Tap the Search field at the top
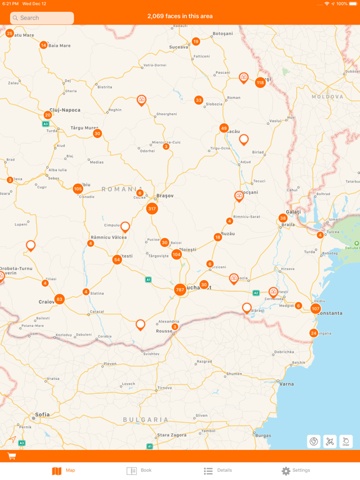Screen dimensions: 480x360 click(42, 18)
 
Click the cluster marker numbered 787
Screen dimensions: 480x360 click(180, 289)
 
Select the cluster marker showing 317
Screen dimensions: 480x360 click(152, 209)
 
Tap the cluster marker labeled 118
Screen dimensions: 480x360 click(260, 82)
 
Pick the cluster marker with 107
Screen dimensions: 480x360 click(316, 309)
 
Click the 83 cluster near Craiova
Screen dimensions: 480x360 click(59, 299)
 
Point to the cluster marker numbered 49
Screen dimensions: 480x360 click(224, 128)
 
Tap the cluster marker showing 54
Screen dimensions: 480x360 click(117, 259)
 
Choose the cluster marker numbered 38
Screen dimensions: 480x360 click(283, 218)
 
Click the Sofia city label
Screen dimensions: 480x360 click(42, 414)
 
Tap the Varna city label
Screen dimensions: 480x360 click(286, 384)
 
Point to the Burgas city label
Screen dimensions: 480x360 click(263, 435)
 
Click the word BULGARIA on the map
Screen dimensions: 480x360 click(146, 419)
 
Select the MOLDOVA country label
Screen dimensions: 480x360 click(327, 97)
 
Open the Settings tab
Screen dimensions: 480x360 click(295, 471)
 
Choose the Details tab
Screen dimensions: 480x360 click(217, 471)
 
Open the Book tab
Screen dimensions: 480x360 click(139, 471)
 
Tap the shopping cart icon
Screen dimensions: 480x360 click(11, 456)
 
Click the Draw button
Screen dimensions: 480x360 click(346, 441)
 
